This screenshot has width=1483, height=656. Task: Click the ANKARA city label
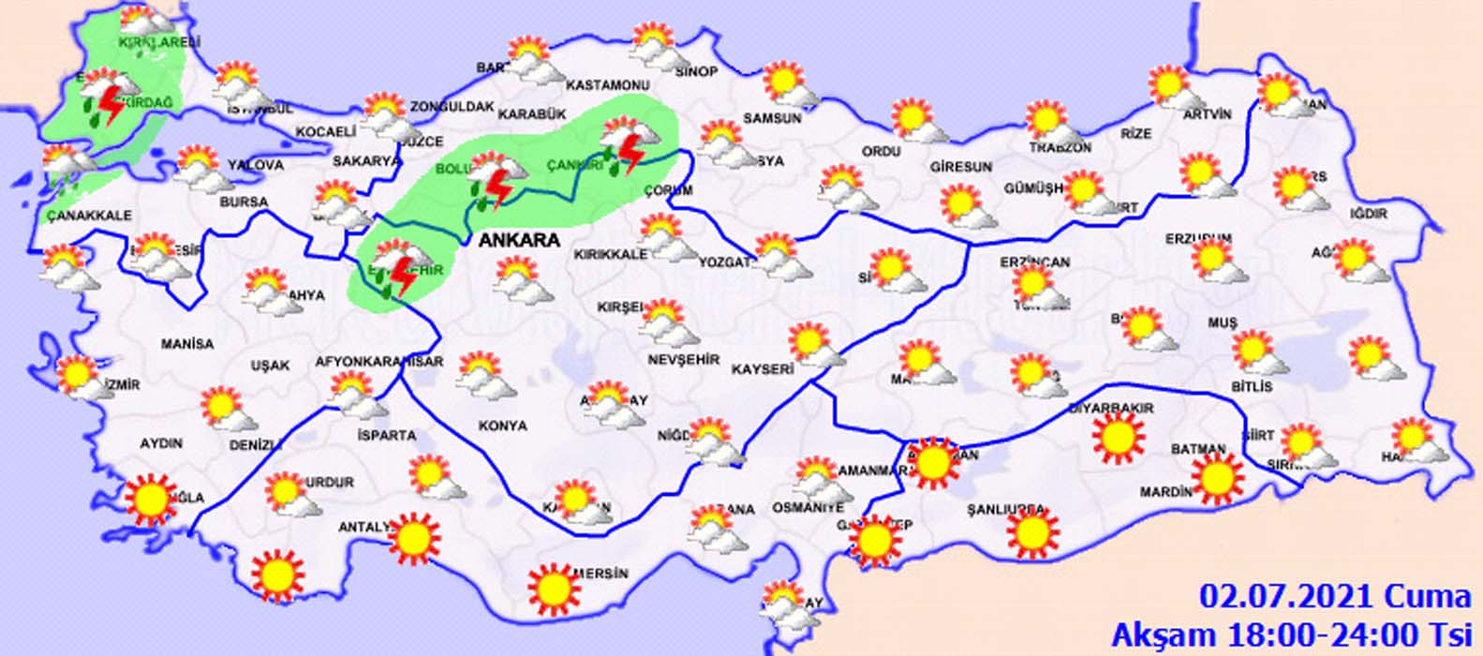pyautogui.click(x=519, y=240)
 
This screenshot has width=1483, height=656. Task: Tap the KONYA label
pyautogui.click(x=503, y=425)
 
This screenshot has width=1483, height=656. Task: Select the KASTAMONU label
pyautogui.click(x=608, y=85)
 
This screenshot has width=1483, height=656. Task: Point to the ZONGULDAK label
pyautogui.click(x=452, y=107)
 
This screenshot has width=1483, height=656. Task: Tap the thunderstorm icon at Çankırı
pyautogui.click(x=625, y=147)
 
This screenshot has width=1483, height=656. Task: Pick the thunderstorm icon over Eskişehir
pyautogui.click(x=401, y=268)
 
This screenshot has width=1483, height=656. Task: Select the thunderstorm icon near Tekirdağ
pyautogui.click(x=106, y=98)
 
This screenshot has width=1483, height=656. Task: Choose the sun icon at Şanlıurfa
pyautogui.click(x=1033, y=532)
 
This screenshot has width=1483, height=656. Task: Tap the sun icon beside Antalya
pyautogui.click(x=413, y=538)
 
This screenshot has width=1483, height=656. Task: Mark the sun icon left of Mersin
pyautogui.click(x=553, y=588)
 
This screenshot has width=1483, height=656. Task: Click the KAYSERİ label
pyautogui.click(x=763, y=370)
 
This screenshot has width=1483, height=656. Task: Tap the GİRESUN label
pyautogui.click(x=961, y=167)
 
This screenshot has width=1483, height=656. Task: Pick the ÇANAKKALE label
pyautogui.click(x=89, y=216)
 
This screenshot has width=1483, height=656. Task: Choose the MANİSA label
pyautogui.click(x=187, y=344)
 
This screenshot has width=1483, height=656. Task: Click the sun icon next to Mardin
pyautogui.click(x=1217, y=477)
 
